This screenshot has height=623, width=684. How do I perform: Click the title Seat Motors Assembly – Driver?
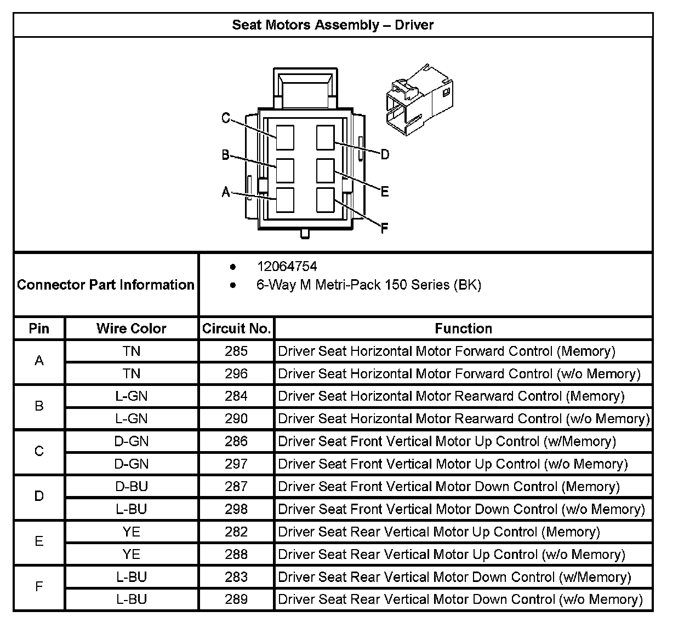coord(333,25)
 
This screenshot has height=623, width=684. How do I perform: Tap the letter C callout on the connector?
coord(226,118)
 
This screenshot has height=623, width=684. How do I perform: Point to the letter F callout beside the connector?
coord(384,228)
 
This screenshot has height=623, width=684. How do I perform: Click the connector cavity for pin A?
coord(285,200)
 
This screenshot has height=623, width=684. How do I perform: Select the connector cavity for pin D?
coord(325,137)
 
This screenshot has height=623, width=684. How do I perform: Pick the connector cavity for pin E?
coord(325,171)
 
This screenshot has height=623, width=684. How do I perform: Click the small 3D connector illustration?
coord(419,100)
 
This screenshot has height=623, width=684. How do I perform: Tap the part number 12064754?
coord(287,267)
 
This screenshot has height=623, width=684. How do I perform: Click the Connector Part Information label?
coord(106,285)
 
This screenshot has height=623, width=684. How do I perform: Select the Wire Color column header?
coord(131,328)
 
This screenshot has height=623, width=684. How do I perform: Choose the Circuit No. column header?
coord(236,328)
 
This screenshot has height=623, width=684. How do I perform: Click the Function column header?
coord(463,328)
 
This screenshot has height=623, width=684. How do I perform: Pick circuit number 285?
coord(236,351)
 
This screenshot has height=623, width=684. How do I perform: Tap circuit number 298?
coord(236,509)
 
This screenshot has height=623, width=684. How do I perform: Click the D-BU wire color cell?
coord(131,486)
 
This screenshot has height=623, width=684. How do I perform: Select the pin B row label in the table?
coord(39,406)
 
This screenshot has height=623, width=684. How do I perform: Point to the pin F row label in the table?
coord(39,587)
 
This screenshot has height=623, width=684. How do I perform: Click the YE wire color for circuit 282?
coord(131,532)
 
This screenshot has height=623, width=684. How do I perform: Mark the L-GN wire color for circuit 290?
coord(131,419)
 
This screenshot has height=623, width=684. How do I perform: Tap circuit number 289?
coord(236,599)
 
